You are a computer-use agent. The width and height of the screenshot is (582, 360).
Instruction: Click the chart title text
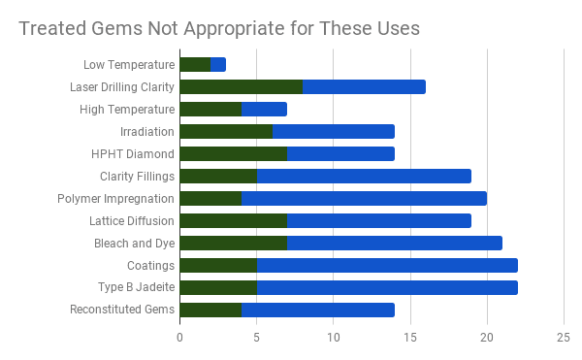(219, 28)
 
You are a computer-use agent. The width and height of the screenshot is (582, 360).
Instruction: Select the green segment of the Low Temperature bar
(195, 65)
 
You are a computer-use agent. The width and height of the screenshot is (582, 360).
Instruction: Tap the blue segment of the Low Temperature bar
(218, 65)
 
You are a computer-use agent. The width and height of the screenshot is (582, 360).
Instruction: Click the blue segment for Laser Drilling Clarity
(364, 87)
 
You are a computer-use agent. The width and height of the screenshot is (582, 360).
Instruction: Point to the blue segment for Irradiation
(334, 132)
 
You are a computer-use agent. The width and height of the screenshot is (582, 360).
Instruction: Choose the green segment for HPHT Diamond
(233, 154)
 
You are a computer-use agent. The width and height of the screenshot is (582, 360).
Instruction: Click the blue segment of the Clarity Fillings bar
(364, 177)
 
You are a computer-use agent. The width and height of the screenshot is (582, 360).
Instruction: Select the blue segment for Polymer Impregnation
(364, 199)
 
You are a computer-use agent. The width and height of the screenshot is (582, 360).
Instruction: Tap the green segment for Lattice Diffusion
(233, 221)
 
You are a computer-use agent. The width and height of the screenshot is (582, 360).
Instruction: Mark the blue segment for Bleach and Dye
(395, 244)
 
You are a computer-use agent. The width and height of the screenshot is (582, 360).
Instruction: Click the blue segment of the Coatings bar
(387, 266)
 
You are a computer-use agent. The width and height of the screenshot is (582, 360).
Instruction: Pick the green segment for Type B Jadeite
(218, 288)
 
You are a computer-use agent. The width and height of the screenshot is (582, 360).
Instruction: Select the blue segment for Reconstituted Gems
(318, 311)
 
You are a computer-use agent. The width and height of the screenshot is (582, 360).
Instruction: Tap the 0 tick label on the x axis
(180, 338)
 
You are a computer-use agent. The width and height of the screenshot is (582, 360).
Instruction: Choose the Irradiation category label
(147, 132)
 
